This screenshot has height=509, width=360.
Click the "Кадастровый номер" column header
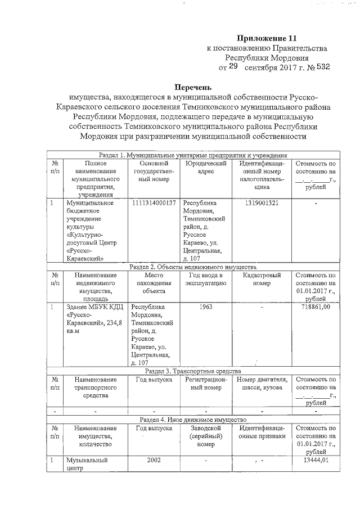point(261,280)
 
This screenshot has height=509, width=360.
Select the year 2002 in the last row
point(153,460)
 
